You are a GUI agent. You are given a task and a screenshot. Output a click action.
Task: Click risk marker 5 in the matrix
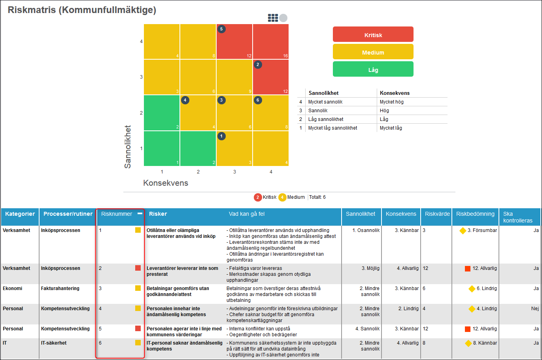(221, 29)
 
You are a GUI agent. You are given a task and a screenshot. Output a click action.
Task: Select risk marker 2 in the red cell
(258, 64)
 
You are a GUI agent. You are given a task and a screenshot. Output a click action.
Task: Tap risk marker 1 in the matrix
(221, 136)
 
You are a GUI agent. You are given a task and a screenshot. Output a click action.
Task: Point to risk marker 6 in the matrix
(258, 100)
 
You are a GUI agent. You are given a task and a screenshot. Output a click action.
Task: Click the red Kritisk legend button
(373, 35)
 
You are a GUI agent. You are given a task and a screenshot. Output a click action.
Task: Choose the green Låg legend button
(373, 70)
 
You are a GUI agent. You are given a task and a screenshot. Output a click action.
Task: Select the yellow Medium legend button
(373, 52)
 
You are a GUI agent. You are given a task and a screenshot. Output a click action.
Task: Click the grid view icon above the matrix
(273, 18)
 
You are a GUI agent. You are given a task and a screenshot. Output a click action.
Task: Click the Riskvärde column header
(437, 214)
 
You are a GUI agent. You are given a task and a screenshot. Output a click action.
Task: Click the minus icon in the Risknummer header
(140, 213)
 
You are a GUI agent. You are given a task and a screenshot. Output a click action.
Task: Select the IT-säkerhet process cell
(54, 343)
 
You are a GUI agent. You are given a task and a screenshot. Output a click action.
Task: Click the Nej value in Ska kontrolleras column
(535, 309)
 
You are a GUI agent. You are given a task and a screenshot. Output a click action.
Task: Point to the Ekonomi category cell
(13, 288)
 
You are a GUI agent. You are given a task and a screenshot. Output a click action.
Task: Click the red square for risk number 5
(138, 328)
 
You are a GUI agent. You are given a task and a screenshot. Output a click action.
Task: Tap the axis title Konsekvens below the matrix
(166, 183)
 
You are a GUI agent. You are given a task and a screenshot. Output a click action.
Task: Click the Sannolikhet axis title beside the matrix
(128, 147)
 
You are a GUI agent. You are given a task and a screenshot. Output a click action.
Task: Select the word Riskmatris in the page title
(32, 10)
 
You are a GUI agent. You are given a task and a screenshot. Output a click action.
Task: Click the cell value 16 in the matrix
(285, 56)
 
